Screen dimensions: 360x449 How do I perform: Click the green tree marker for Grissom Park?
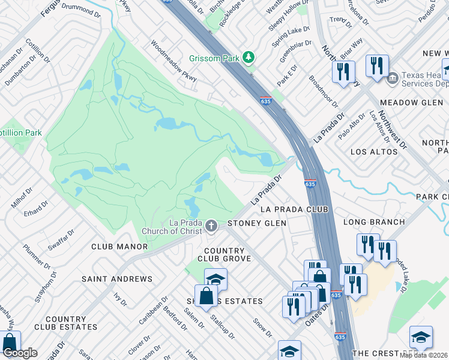point(248,58)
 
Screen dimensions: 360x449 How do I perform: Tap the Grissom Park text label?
point(214,58)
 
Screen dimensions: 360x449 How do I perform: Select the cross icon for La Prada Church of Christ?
point(211,226)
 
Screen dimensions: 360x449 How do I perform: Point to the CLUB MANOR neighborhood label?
point(119,247)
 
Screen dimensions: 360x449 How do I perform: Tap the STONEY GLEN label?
point(257,223)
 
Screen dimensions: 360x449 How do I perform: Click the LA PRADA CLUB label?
point(295,209)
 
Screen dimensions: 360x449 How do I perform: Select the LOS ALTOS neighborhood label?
point(375,152)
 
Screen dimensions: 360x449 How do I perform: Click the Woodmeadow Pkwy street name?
point(174,62)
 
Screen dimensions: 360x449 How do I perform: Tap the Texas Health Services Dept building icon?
point(393,78)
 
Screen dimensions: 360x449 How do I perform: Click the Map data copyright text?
point(424,355)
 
